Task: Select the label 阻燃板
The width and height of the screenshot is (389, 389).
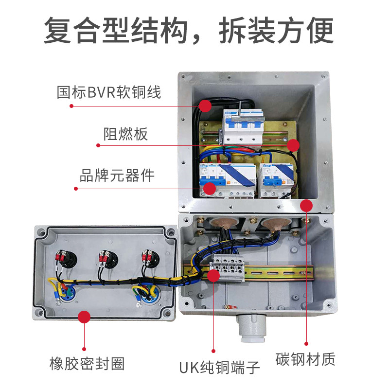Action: click(x=125, y=133)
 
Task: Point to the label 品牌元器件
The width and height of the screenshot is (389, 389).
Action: click(x=117, y=175)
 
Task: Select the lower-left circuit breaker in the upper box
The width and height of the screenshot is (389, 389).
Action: click(x=226, y=180)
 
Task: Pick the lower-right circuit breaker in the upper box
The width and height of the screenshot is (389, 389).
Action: click(x=276, y=181)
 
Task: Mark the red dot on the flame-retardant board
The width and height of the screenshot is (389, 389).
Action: click(x=292, y=144)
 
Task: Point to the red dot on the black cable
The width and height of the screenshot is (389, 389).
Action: click(x=205, y=105)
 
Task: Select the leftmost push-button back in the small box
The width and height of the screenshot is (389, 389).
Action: click(x=65, y=259)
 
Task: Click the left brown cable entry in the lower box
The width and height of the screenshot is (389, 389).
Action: click(x=225, y=225)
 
